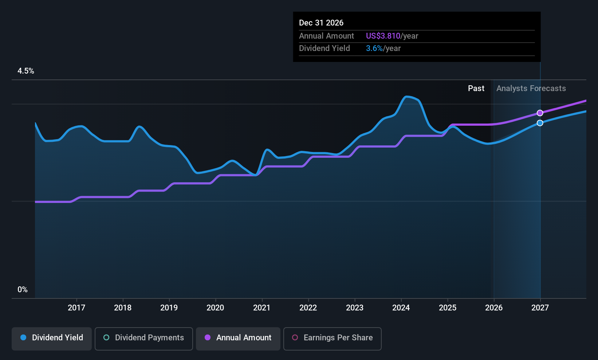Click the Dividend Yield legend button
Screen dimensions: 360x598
point(52,338)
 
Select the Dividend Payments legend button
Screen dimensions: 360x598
point(144,338)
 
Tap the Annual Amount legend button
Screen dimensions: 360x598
point(238,338)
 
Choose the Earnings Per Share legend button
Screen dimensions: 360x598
point(332,338)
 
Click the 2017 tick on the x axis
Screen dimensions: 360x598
point(76,308)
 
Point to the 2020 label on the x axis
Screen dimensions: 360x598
point(215,308)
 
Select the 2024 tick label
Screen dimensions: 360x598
point(401,308)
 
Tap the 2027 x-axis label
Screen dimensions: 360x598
point(540,308)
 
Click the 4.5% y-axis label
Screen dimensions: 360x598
point(26,71)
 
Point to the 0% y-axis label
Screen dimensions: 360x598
point(23,290)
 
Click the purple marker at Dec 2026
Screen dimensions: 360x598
point(540,113)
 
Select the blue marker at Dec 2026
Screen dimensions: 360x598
point(540,123)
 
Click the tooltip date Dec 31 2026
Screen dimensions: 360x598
point(321,23)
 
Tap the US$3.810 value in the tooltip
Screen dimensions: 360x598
point(383,36)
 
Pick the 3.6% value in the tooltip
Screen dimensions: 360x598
point(374,48)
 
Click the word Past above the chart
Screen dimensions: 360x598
point(476,89)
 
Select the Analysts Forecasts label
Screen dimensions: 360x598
point(531,89)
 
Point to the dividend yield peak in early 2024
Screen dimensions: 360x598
point(407,97)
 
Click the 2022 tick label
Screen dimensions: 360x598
point(308,308)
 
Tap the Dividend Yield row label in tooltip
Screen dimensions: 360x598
point(324,48)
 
